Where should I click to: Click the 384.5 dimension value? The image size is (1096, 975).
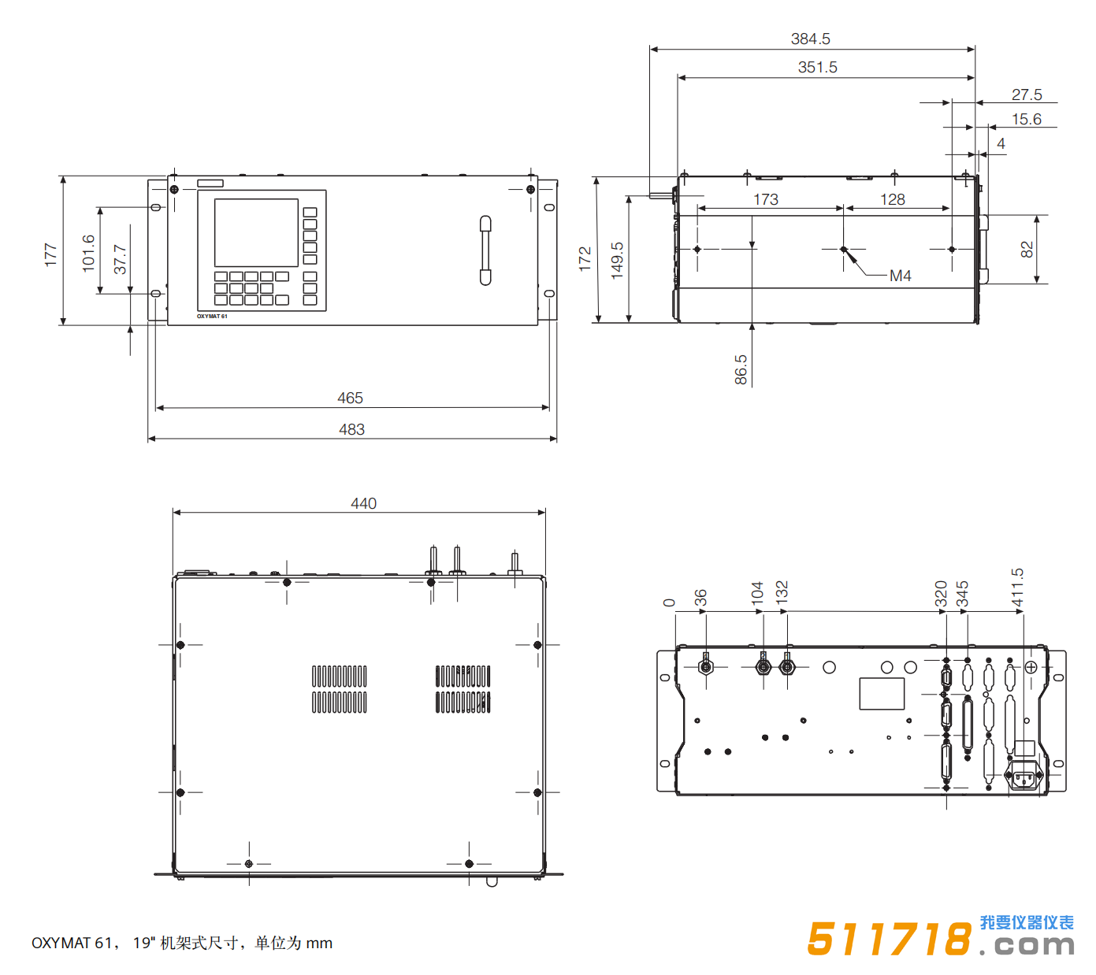[810, 39]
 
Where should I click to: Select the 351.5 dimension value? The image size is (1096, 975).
[817, 67]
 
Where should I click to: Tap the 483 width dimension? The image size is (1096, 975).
[351, 429]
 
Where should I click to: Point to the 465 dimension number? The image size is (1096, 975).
[350, 398]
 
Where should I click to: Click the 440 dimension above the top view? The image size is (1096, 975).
[363, 503]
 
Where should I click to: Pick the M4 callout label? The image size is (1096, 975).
[900, 276]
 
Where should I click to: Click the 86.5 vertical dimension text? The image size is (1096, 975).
[741, 369]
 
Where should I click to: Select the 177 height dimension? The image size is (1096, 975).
[50, 254]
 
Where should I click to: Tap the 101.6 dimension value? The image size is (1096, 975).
[88, 253]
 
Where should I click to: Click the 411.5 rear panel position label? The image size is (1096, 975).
[1017, 588]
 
